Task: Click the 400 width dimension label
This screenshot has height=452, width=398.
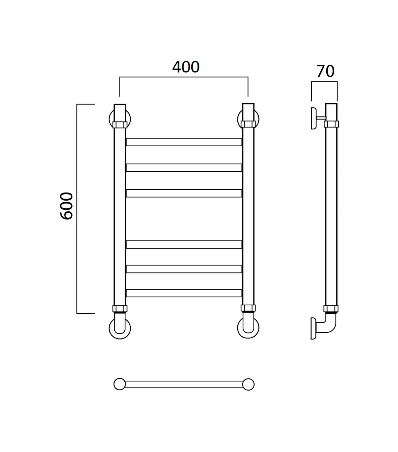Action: (186, 67)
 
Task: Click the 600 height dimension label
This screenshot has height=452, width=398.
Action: (67, 206)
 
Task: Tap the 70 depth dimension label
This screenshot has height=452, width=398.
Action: (325, 71)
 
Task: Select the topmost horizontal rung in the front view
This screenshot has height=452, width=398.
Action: (184, 142)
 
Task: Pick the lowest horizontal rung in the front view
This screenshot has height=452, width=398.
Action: (184, 293)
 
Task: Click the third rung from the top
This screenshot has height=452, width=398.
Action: (184, 193)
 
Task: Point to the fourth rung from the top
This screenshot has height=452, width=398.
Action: (184, 245)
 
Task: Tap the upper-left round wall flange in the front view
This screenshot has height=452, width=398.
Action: (110, 119)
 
